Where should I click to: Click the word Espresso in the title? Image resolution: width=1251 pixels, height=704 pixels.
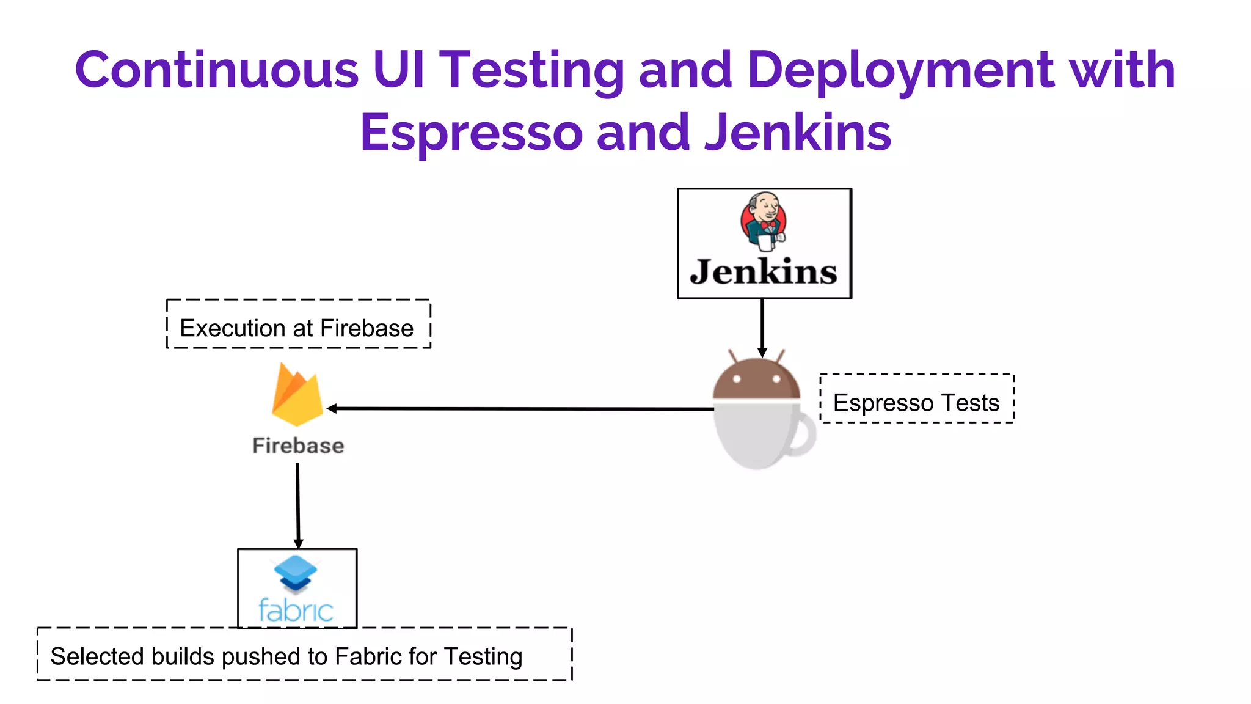point(470,133)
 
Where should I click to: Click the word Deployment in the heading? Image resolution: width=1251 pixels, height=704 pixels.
point(900,70)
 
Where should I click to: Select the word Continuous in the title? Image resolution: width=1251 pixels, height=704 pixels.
point(216,70)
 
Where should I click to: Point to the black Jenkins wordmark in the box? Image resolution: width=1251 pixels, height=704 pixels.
point(764,272)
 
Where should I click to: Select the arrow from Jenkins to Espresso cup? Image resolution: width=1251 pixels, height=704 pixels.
point(762,327)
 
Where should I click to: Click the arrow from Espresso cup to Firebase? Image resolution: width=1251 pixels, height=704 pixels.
point(519,408)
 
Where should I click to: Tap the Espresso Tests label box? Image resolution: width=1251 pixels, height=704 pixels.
point(916,398)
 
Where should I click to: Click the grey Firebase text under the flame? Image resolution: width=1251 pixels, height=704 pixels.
point(298,446)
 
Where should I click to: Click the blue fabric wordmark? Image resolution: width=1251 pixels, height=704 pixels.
point(296,610)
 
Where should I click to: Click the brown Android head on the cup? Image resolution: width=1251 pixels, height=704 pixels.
point(756,379)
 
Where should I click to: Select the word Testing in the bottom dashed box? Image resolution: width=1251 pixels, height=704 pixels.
point(483,656)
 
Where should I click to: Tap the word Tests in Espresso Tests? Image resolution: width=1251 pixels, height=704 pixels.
point(970,403)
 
